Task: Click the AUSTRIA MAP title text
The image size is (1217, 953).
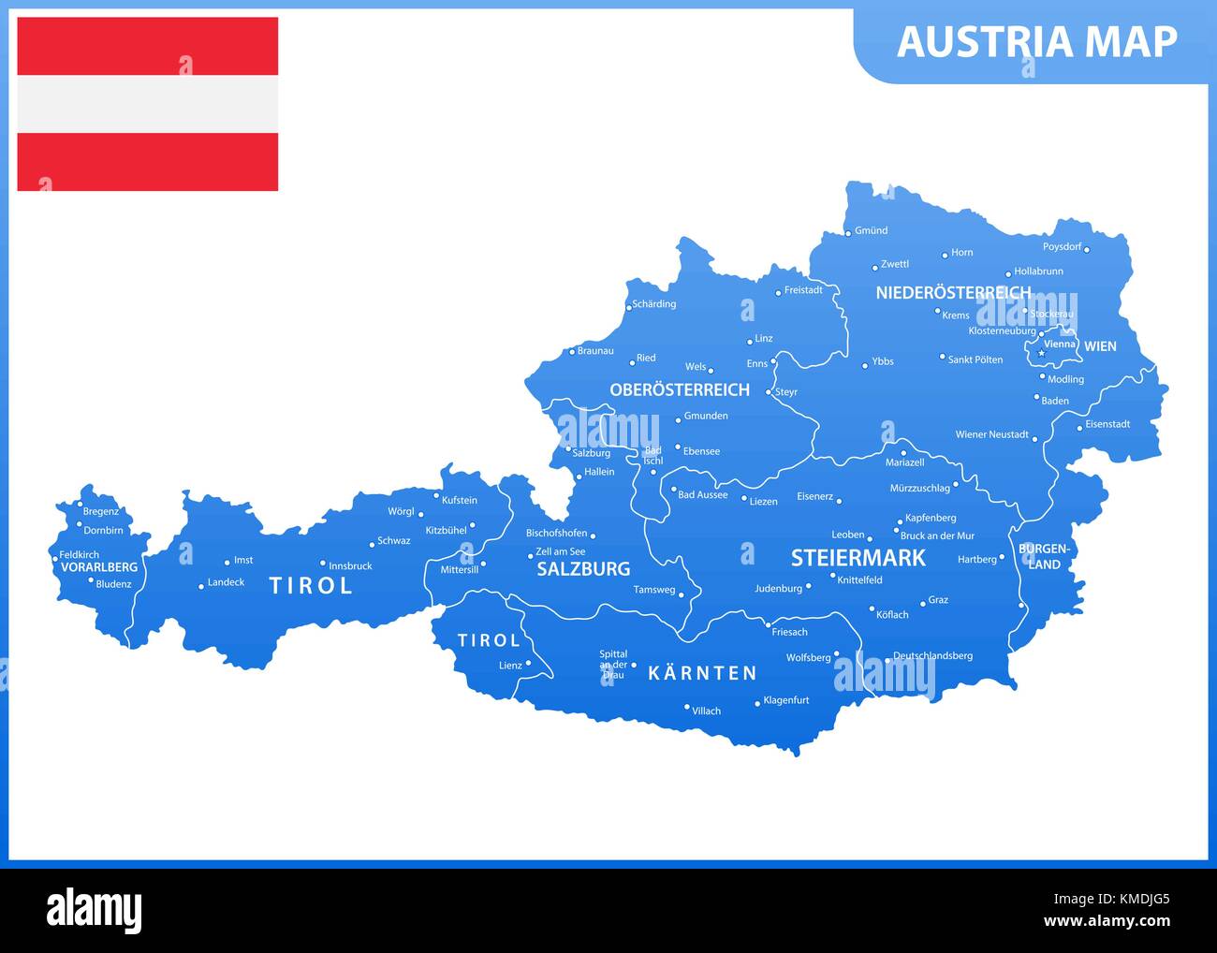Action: (1036, 42)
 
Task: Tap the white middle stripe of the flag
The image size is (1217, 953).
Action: (147, 104)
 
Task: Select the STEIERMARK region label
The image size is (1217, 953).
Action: (858, 559)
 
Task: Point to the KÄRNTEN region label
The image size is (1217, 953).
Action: (702, 673)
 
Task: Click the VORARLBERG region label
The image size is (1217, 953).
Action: (98, 567)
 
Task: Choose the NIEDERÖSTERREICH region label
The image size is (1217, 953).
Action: (953, 293)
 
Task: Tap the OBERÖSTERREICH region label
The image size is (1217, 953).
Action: (680, 389)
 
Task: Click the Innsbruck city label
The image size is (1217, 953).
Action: (350, 566)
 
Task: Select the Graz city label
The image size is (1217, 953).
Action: (938, 601)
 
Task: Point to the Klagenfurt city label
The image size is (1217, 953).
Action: (785, 700)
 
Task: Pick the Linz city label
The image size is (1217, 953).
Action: (763, 339)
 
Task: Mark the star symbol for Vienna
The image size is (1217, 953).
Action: (1041, 353)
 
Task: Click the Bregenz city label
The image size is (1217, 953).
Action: (101, 512)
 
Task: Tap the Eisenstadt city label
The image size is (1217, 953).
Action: (1107, 424)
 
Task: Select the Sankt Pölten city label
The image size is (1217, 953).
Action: (975, 359)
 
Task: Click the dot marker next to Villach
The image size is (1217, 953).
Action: (686, 708)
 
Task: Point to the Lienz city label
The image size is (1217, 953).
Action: (510, 666)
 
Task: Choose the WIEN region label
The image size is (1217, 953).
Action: (1100, 346)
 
